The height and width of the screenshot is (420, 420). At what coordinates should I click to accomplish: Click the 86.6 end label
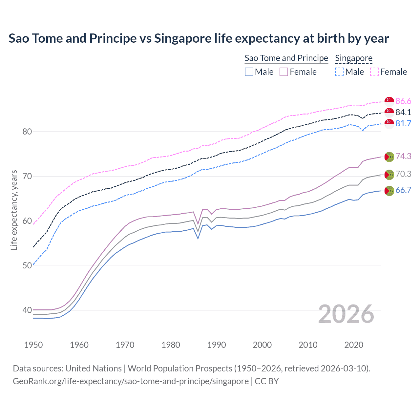[403, 101]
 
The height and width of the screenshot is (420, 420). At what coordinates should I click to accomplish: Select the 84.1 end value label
[403, 112]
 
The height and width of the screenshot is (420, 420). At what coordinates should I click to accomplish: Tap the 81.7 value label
[403, 123]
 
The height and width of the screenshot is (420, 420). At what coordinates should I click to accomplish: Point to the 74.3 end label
[403, 156]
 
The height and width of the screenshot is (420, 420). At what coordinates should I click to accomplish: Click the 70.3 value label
[403, 174]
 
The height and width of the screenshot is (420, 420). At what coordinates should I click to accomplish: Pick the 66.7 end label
[403, 190]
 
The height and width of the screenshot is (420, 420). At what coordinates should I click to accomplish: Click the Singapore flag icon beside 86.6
[389, 101]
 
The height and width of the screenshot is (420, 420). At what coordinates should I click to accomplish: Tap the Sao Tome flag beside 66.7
[389, 191]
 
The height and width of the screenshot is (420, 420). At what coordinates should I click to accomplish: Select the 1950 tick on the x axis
[33, 345]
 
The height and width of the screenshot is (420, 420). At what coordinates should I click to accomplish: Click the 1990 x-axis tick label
[217, 345]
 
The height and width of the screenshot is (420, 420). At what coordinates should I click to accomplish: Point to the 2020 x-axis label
[354, 345]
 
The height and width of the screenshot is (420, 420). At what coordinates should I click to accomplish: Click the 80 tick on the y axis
[27, 132]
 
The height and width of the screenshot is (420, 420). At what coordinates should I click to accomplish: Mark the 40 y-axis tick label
[27, 310]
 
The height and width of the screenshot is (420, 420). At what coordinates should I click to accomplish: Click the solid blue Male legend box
[249, 72]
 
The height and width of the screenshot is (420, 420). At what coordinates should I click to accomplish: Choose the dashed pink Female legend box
[374, 72]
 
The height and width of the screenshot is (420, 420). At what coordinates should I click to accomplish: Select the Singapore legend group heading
[354, 58]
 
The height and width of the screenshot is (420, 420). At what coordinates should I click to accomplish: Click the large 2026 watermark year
[346, 314]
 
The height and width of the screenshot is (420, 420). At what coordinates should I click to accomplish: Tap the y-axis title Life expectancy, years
[14, 210]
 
